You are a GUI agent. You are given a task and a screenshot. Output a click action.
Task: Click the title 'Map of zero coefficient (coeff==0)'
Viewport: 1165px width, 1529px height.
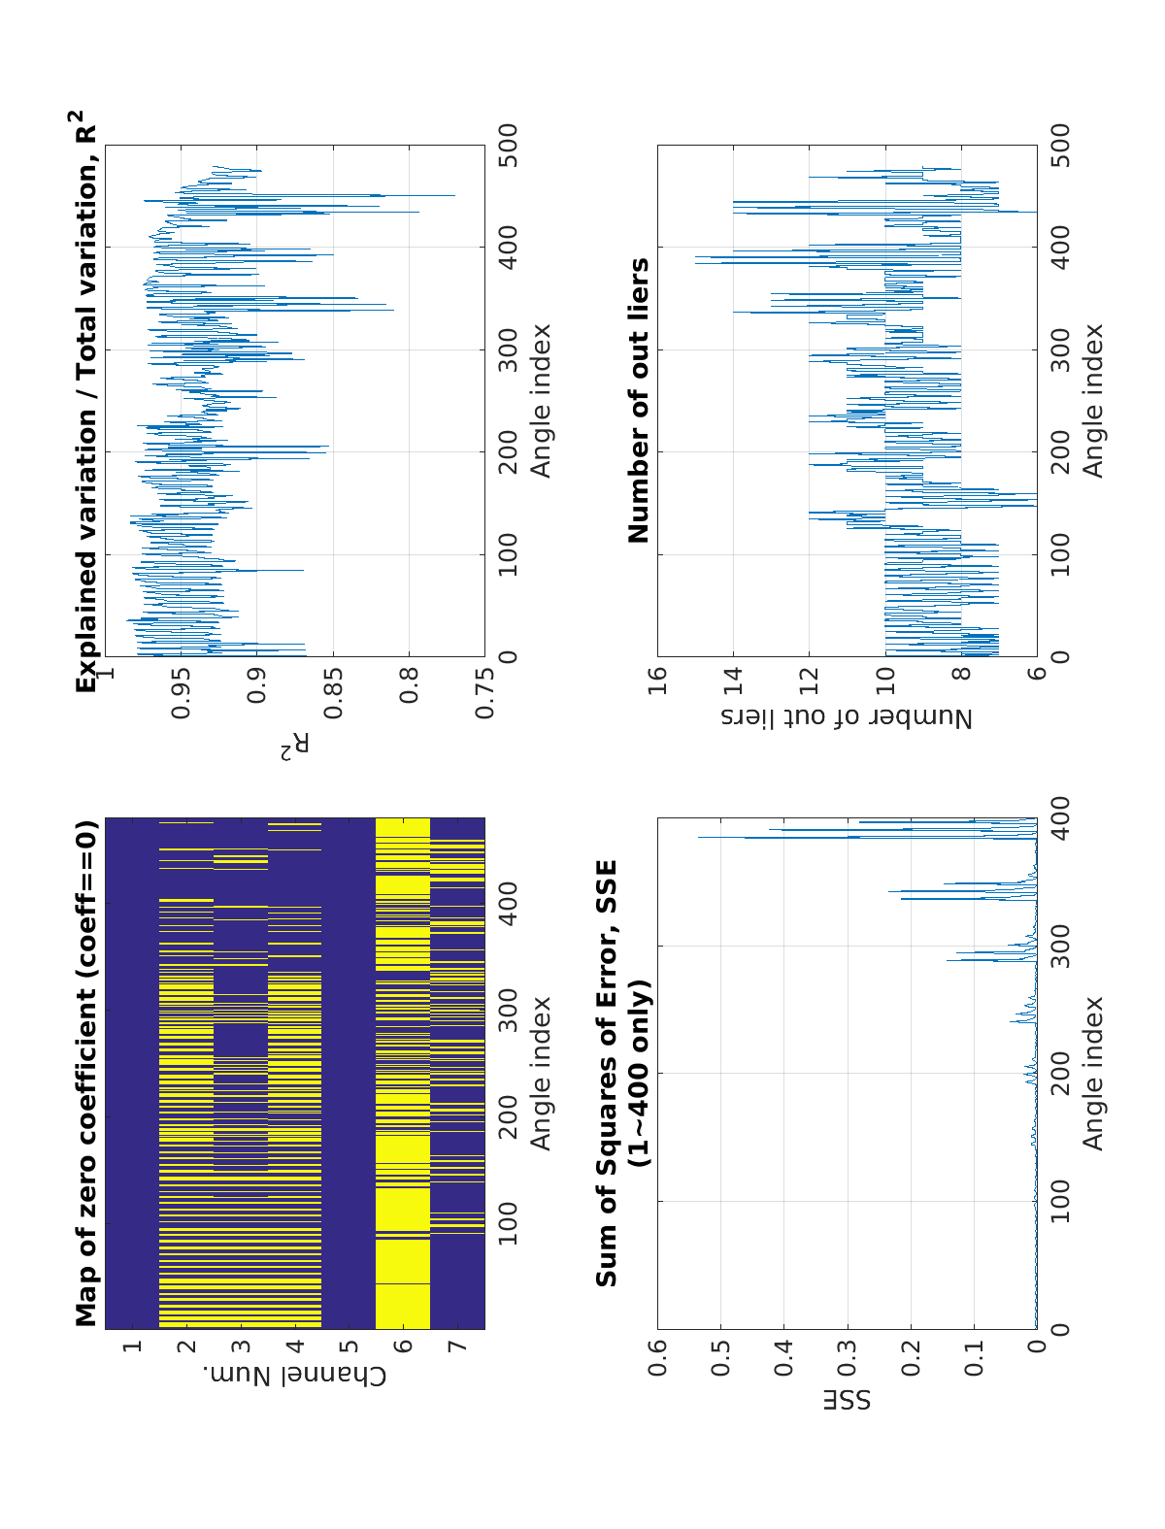[x=87, y=1073]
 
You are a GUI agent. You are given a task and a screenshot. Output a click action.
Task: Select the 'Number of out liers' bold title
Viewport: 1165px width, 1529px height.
[x=639, y=400]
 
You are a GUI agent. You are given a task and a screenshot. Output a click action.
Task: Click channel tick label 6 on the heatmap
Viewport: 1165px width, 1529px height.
[x=403, y=1346]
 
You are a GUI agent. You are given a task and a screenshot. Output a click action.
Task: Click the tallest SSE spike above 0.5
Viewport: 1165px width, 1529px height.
[x=699, y=837]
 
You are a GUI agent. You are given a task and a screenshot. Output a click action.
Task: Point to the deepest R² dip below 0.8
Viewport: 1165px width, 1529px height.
[x=453, y=196]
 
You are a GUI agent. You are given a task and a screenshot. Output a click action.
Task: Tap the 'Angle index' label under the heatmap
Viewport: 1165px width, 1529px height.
[x=540, y=1073]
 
